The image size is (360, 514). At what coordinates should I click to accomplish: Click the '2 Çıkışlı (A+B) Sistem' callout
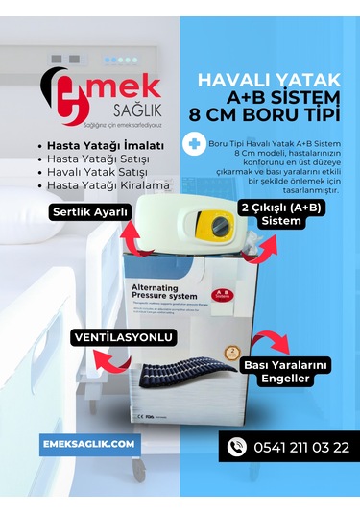pos(276,213)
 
